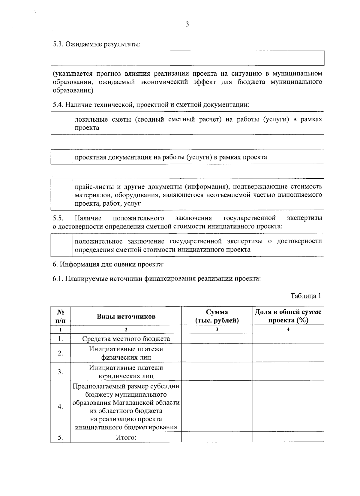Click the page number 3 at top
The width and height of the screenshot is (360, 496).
point(187,25)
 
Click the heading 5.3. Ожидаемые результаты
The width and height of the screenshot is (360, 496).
point(97,44)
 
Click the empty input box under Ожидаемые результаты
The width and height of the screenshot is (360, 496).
point(187,58)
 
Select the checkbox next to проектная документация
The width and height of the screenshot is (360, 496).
point(62,157)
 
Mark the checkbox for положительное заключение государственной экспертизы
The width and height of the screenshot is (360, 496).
point(62,245)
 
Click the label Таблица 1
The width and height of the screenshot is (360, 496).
point(306,296)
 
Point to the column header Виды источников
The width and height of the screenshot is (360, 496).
point(126,316)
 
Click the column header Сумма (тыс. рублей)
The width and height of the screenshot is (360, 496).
point(217,316)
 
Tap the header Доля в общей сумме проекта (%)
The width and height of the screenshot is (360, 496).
point(288,316)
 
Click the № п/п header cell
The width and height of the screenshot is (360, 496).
point(60,316)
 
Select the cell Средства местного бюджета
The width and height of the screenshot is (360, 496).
point(126,339)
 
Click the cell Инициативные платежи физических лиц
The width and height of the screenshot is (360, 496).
point(126,353)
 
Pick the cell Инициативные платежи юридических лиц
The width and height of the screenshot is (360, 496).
point(126,372)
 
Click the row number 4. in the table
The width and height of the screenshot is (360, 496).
point(60,407)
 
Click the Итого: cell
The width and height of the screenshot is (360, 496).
point(126,437)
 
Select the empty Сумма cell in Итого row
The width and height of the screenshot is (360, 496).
point(217,437)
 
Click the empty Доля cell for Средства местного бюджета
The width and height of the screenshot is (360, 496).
point(288,339)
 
